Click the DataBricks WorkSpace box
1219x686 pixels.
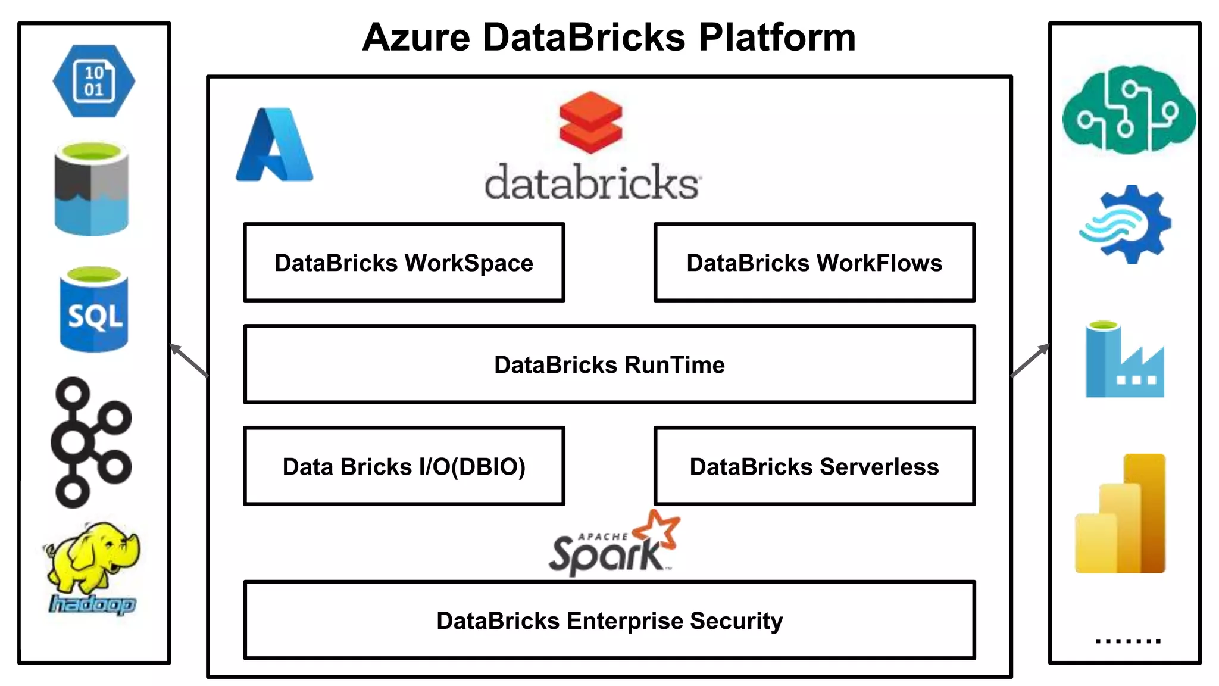(404, 263)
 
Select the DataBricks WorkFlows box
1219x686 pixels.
(814, 263)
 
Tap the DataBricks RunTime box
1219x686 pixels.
(609, 364)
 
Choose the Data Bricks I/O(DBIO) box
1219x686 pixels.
(404, 466)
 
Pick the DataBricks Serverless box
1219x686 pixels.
(814, 466)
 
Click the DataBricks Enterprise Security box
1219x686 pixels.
(609, 620)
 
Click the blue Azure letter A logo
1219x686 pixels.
(274, 145)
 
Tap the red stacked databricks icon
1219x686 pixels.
(590, 122)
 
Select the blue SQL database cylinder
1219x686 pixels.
(94, 310)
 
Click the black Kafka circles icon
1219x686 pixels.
(90, 442)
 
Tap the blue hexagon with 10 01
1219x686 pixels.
(94, 81)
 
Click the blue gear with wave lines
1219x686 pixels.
(1126, 224)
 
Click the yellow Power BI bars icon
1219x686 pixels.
(1121, 514)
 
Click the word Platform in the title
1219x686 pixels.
(777, 38)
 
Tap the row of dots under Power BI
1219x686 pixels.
(1128, 641)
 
